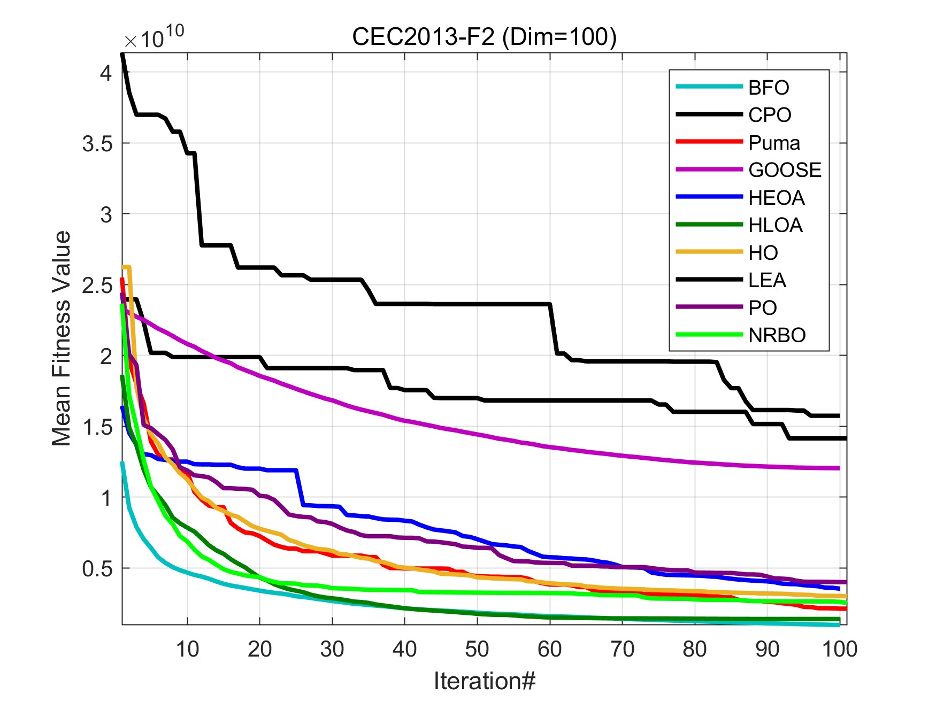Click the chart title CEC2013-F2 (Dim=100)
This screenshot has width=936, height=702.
(x=484, y=37)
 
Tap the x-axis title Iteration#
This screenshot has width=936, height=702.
(x=484, y=681)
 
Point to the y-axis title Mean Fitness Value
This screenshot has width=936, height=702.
(x=62, y=338)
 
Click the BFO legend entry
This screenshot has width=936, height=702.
(x=768, y=87)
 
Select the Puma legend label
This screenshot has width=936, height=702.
(x=774, y=143)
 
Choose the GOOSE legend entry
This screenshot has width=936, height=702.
(x=785, y=170)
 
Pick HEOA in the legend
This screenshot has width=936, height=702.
(x=776, y=198)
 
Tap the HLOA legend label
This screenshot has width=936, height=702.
(x=775, y=225)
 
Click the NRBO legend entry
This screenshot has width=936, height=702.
(x=777, y=335)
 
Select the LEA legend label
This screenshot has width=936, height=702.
(x=767, y=280)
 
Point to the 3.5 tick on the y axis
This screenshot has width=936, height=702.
(x=97, y=143)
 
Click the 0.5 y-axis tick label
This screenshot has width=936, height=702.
(x=97, y=568)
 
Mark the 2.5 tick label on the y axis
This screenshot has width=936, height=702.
(x=97, y=286)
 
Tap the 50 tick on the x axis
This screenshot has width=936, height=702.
(x=477, y=649)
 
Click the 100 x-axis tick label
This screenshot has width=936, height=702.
(x=839, y=649)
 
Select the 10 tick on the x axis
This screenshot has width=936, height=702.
(x=187, y=649)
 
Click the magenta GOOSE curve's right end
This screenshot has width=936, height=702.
(x=838, y=468)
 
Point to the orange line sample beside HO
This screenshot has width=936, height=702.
(x=709, y=252)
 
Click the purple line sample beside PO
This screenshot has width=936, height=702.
(x=709, y=307)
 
